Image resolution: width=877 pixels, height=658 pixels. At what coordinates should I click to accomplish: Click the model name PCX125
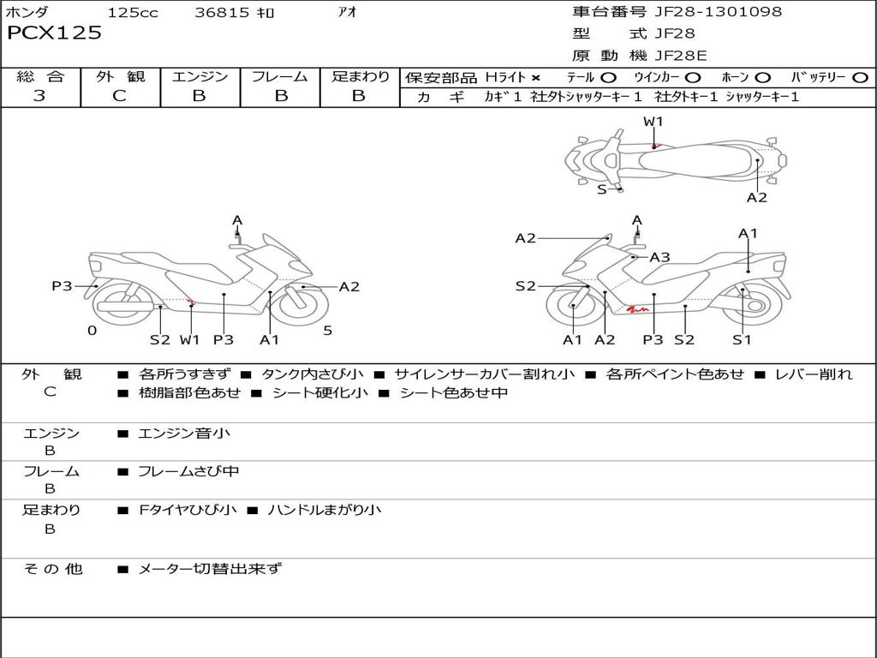click(x=54, y=33)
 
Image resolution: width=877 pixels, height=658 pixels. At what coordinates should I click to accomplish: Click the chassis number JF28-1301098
click(x=719, y=11)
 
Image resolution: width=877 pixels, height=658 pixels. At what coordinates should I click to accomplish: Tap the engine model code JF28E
click(x=681, y=56)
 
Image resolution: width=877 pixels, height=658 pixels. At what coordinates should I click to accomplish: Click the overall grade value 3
click(x=39, y=95)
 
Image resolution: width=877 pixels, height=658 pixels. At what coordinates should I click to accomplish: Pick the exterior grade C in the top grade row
click(x=119, y=95)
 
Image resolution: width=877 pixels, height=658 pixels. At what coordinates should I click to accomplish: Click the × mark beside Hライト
click(x=536, y=78)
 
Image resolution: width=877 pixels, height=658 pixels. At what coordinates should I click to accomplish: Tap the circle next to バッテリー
click(x=860, y=78)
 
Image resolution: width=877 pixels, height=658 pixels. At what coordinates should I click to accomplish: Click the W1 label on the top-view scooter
click(x=653, y=122)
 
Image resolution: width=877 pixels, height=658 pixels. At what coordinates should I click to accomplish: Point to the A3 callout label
click(x=660, y=257)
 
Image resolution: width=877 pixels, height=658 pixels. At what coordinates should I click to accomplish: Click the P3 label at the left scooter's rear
click(x=62, y=286)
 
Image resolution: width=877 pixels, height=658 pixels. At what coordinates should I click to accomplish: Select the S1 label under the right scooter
click(x=742, y=339)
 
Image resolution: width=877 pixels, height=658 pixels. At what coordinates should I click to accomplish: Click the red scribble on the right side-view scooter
click(x=637, y=308)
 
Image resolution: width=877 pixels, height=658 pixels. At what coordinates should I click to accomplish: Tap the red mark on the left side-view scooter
click(x=191, y=302)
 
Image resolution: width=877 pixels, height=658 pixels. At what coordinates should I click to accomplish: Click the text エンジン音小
click(x=184, y=433)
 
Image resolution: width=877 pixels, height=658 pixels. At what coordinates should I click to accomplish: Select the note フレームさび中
click(x=188, y=472)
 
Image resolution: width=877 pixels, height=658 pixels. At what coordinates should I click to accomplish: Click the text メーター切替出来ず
click(x=210, y=569)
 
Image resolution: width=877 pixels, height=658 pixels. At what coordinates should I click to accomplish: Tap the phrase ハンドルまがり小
click(x=325, y=510)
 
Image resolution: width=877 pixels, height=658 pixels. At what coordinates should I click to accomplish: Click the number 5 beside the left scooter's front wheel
click(x=328, y=330)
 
